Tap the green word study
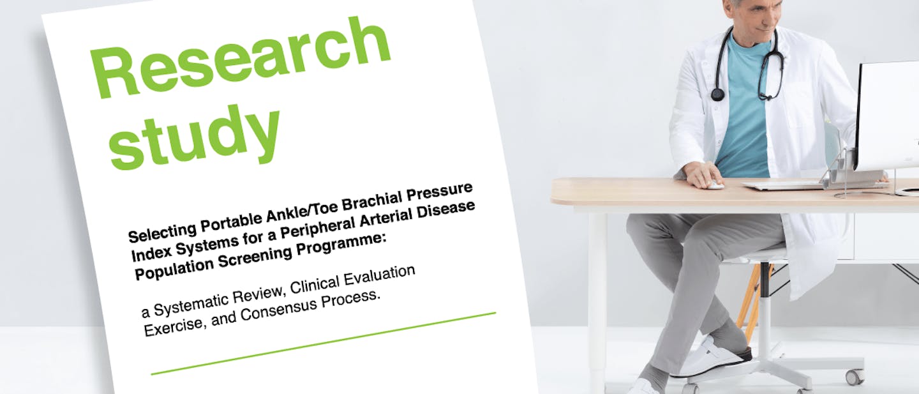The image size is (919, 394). pyautogui.click(x=195, y=137)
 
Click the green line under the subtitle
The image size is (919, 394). pyautogui.click(x=322, y=343)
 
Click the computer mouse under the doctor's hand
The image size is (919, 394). pyautogui.click(x=715, y=185)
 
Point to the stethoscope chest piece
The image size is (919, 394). pyautogui.click(x=717, y=95)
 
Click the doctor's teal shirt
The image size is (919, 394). pyautogui.click(x=743, y=115)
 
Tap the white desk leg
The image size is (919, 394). pyautogui.click(x=597, y=300)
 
